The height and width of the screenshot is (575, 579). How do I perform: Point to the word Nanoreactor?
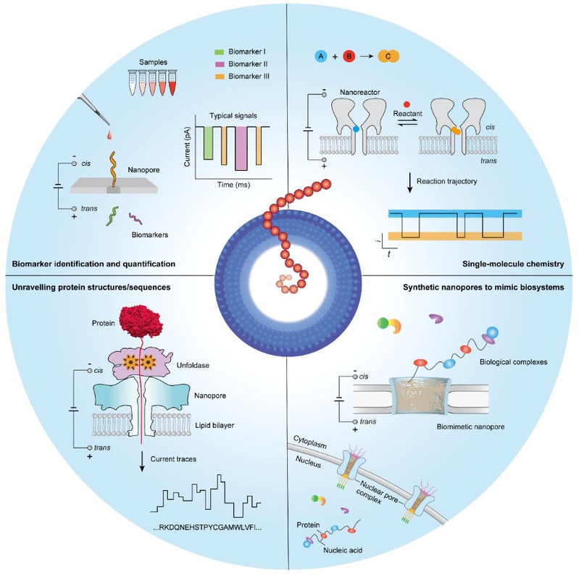[x=363, y=93]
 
